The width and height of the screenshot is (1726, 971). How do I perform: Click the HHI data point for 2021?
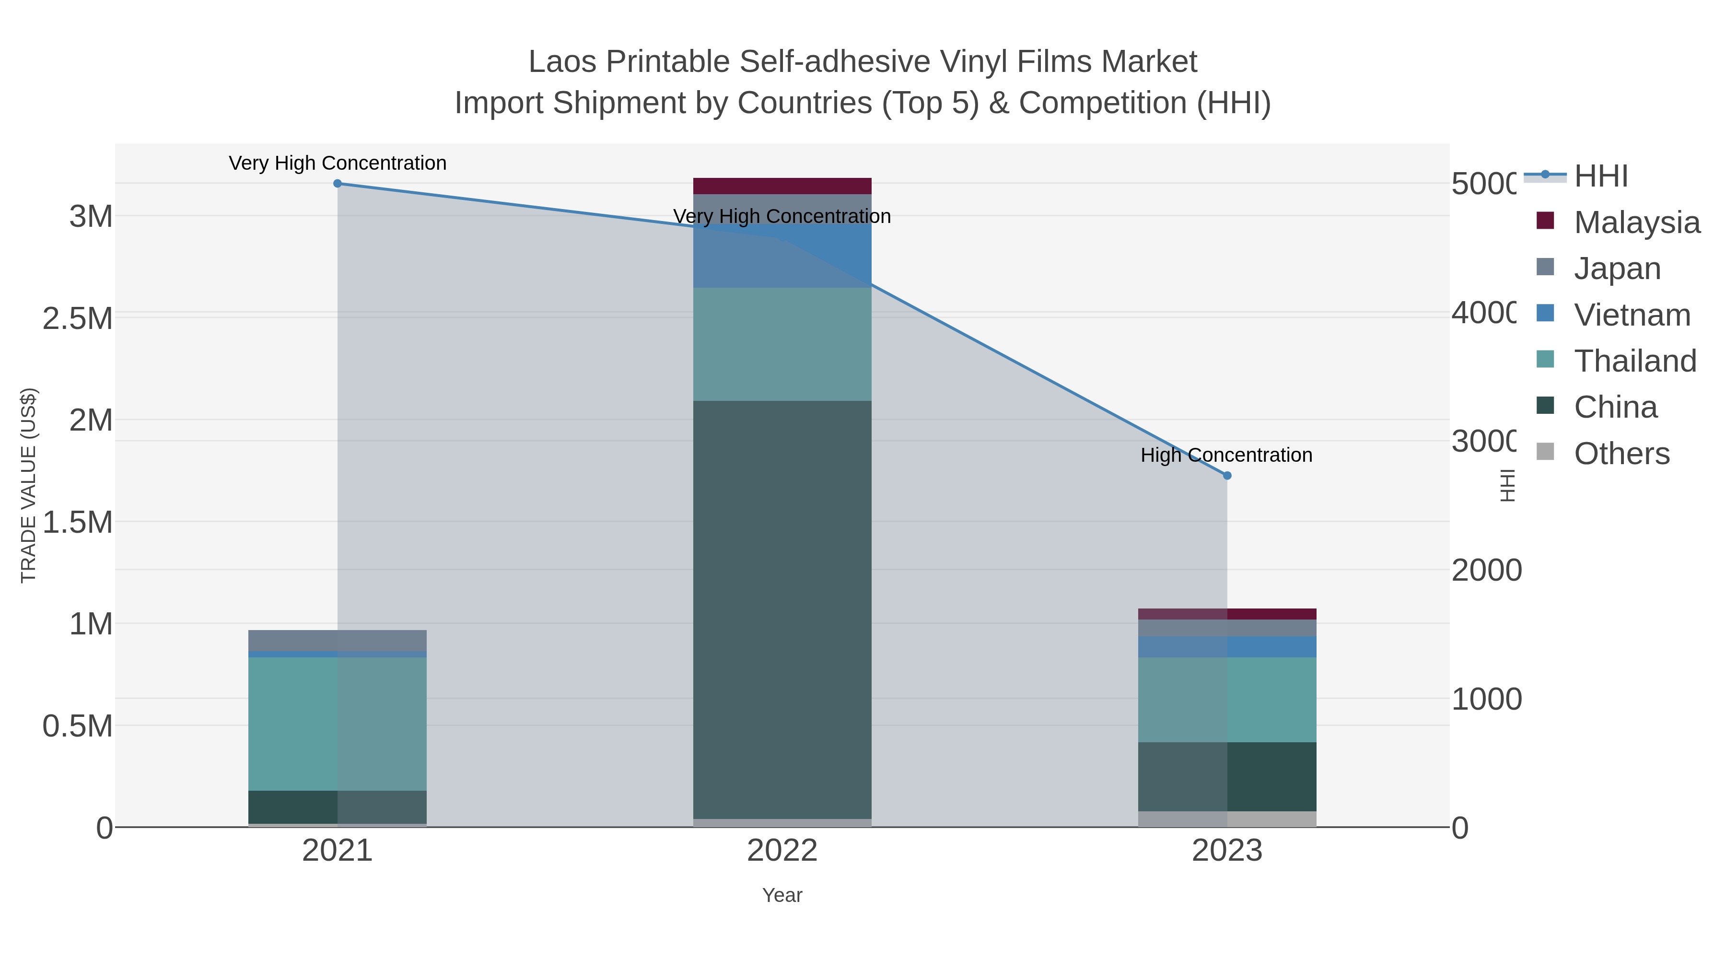[337, 184]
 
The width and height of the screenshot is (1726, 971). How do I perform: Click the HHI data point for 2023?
[1227, 476]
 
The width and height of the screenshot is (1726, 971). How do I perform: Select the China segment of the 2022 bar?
[782, 610]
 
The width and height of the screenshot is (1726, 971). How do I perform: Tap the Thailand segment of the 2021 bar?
[337, 724]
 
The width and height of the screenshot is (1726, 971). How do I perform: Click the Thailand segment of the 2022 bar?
[782, 344]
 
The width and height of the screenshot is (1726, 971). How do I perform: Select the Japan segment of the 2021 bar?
[337, 641]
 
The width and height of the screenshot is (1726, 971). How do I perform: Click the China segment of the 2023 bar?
[1227, 777]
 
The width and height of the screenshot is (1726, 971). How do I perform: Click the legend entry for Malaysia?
[1635, 222]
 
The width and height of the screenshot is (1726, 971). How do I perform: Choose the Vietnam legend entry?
[1632, 315]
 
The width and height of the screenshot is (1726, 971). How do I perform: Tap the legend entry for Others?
[1621, 454]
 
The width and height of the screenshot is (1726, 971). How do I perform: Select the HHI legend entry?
[1600, 176]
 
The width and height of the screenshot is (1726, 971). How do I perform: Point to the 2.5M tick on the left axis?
[78, 319]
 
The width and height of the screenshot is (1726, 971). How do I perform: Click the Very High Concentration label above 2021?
[337, 164]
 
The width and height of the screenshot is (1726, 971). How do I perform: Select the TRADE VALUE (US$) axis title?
[29, 485]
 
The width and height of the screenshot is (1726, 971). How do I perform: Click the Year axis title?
[782, 895]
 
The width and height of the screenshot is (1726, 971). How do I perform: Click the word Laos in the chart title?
[562, 62]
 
